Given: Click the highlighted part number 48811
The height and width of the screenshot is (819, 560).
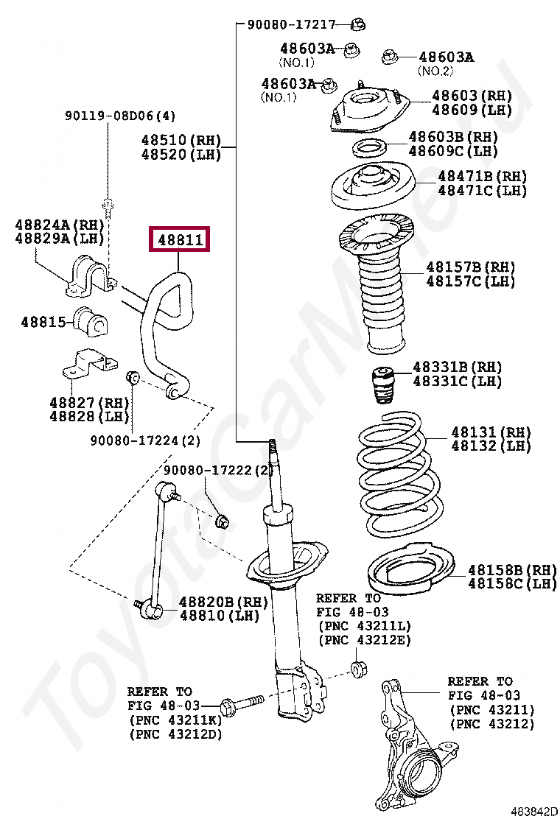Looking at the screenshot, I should click(x=180, y=239).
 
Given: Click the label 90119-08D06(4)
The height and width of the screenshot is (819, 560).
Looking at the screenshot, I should click(x=120, y=116).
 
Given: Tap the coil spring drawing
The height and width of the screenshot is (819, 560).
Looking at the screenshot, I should click(x=402, y=479).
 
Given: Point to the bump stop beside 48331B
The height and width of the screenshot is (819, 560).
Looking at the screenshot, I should click(x=382, y=384).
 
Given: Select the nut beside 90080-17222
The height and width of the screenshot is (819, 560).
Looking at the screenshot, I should click(x=222, y=521).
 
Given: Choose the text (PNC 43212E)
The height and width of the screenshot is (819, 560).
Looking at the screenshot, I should click(x=364, y=639).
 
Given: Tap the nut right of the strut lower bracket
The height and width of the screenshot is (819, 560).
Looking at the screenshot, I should click(x=359, y=669).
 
